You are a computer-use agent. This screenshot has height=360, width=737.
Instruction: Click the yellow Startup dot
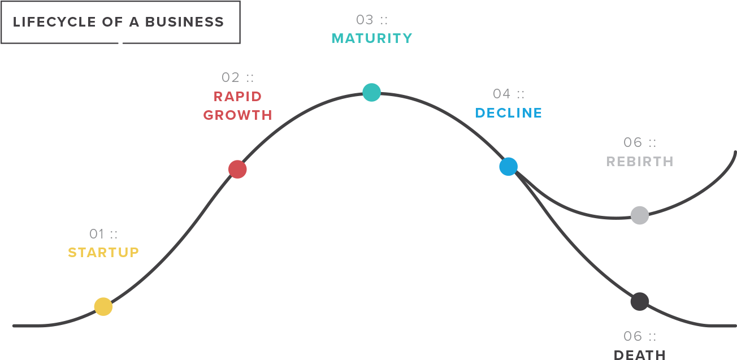103,307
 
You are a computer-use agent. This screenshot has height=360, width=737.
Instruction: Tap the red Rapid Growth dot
237,170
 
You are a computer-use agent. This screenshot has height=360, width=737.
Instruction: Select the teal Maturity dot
372,93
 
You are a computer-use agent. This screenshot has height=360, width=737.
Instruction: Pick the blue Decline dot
508,167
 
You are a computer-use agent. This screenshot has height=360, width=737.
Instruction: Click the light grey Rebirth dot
640,215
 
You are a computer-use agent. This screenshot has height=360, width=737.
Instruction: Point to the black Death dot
640,301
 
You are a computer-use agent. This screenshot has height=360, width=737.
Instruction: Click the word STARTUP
103,253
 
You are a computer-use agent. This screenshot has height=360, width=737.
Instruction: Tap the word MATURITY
372,38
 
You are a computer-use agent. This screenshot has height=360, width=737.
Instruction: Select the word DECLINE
508,113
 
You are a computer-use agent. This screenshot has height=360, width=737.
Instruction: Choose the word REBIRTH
640,162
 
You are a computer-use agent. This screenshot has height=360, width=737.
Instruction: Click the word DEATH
640,355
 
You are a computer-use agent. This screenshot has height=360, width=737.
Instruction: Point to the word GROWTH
237,115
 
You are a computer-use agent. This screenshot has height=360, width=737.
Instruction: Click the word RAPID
237,97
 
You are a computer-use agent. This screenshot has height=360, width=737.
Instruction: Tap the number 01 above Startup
97,234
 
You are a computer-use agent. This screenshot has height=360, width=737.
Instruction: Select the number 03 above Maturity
365,20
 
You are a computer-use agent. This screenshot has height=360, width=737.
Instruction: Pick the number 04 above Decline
501,94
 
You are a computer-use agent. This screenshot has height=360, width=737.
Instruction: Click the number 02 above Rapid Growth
231,77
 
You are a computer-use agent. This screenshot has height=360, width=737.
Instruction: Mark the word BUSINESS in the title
184,22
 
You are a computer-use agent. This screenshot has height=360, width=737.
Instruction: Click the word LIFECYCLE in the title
54,22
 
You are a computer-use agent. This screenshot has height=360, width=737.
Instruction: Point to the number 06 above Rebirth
632,142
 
